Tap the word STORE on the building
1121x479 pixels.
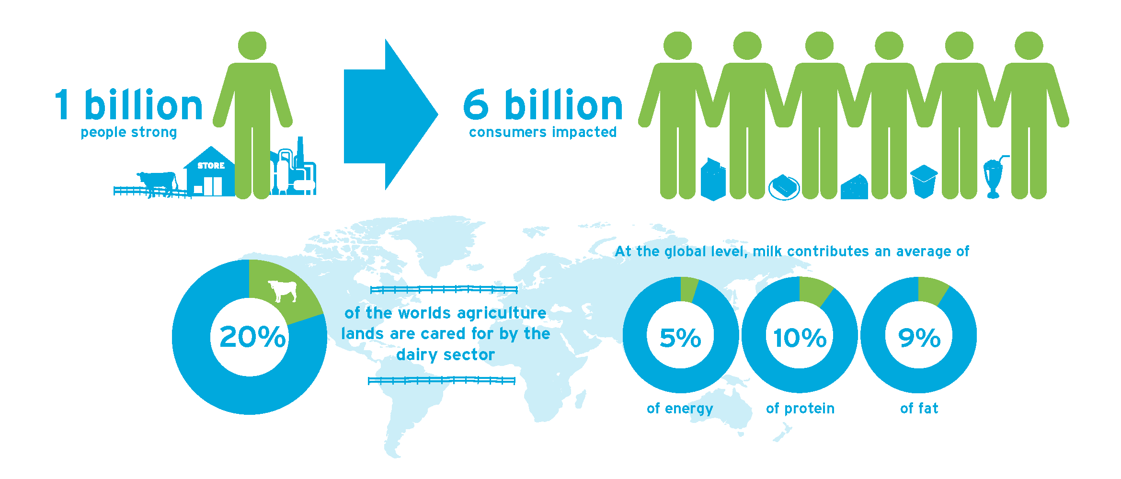click(211, 166)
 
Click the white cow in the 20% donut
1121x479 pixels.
click(283, 291)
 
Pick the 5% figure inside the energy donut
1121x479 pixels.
click(680, 338)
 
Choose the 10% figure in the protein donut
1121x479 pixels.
click(800, 338)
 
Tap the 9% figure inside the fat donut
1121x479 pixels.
click(919, 338)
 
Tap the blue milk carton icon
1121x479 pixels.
click(713, 179)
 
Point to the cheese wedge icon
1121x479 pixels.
click(854, 187)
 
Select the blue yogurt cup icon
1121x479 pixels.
click(924, 182)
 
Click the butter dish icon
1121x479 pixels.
click(784, 187)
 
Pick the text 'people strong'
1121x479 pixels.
click(129, 132)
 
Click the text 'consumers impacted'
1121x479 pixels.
click(543, 132)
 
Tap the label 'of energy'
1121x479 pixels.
click(680, 409)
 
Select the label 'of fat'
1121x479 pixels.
click(919, 408)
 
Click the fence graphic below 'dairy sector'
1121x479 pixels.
click(442, 381)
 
